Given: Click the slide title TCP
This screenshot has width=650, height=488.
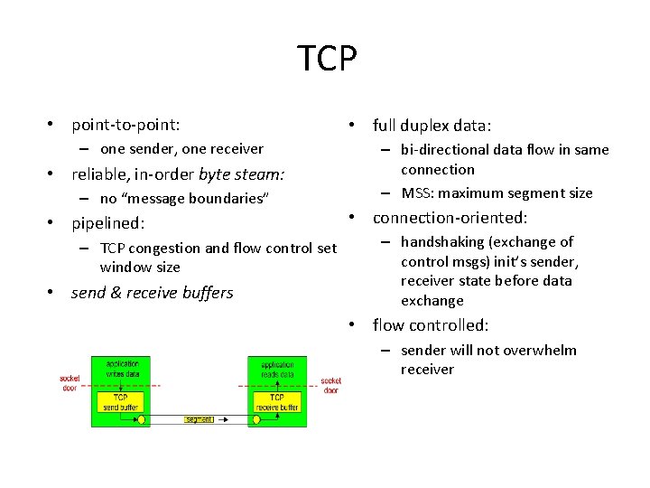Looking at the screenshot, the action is point(327,60).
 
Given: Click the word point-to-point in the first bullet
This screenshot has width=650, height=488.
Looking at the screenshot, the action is point(125,124).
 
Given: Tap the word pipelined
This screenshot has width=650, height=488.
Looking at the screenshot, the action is point(108,222).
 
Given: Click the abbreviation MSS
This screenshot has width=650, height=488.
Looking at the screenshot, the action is point(418,192).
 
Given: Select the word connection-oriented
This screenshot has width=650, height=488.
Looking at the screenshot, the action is point(450,218).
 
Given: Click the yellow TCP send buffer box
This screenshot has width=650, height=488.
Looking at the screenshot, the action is point(121,401).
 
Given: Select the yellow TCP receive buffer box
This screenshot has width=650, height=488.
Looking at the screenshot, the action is point(276,401).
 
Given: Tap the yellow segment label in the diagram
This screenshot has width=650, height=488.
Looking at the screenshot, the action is point(199,419).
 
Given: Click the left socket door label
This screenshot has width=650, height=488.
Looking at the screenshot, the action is point(70,383).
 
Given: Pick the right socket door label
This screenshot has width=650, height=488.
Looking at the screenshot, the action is point(330,385).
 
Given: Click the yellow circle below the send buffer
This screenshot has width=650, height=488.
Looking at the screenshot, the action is point(142,419).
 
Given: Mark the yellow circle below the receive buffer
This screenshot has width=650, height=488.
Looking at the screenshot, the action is point(256,419).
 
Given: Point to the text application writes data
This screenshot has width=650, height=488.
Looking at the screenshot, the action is point(121,368).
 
